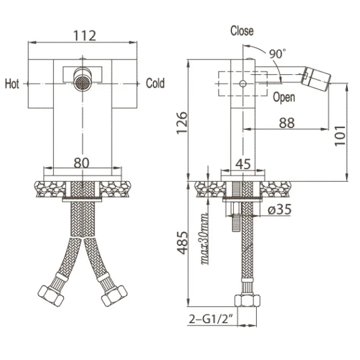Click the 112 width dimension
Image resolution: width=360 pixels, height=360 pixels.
pos(84,36)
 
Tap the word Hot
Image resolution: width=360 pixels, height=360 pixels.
pos(12,84)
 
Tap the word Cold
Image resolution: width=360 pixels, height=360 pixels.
pos(155,83)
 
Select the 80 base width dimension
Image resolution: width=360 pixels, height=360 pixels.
pos(82,163)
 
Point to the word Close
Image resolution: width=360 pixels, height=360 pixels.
pos(242,31)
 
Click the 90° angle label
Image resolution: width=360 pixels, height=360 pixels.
pos(278,54)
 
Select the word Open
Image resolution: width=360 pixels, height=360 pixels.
pos(284,98)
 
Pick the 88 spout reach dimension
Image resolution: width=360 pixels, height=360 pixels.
pos(286,123)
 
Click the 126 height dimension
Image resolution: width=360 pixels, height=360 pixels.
pos(182,122)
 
